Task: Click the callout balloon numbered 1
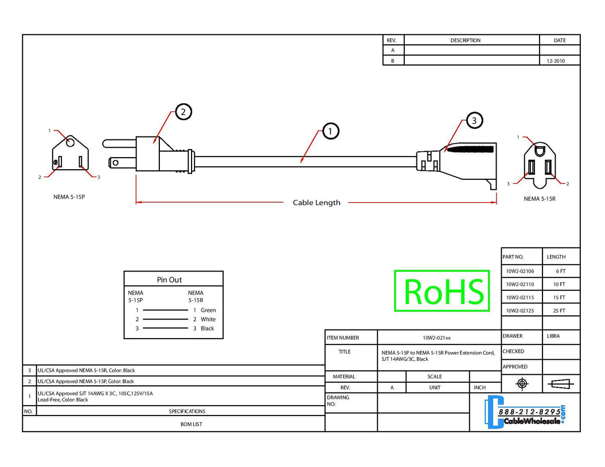(x=330, y=131)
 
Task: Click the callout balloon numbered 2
(x=184, y=112)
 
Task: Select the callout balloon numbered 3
(x=474, y=120)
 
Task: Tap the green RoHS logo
(x=442, y=291)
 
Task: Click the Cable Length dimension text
(x=317, y=203)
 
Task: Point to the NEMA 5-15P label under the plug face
(x=69, y=197)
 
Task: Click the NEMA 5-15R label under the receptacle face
(x=539, y=198)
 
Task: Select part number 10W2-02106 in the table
(x=520, y=271)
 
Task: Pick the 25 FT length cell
(x=559, y=311)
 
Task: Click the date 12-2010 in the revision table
(x=556, y=61)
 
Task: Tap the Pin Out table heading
(x=169, y=280)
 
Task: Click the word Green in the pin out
(x=208, y=310)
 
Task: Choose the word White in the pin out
(x=208, y=319)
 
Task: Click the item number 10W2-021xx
(x=437, y=338)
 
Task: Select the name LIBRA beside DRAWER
(x=553, y=336)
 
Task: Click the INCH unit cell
(x=480, y=388)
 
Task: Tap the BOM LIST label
(x=191, y=424)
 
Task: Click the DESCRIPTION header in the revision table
(x=465, y=40)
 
